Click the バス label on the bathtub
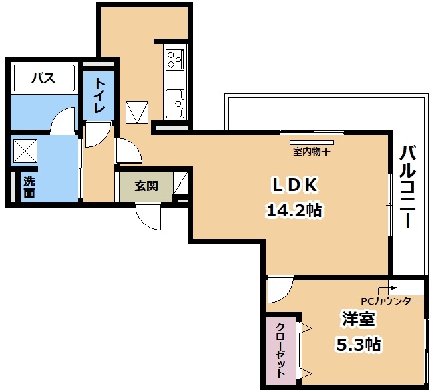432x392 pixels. tap(43, 78)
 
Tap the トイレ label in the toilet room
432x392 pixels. tap(99, 95)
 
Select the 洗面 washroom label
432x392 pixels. tap(29, 187)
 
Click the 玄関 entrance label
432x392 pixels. tap(146, 186)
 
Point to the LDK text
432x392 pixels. tap(294, 185)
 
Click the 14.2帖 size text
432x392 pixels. tap(294, 211)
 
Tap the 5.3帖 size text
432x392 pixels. tap(359, 343)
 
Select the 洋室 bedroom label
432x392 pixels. tap(358, 319)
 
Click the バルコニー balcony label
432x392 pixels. tap(408, 187)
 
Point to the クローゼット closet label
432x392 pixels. tap(280, 350)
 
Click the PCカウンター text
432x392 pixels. tap(391, 301)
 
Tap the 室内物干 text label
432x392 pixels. tap(311, 151)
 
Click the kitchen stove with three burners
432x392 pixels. tap(175, 59)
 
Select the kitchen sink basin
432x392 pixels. tap(175, 104)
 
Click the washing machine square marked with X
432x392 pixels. tap(25, 150)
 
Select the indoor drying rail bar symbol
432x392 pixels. tap(312, 142)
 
